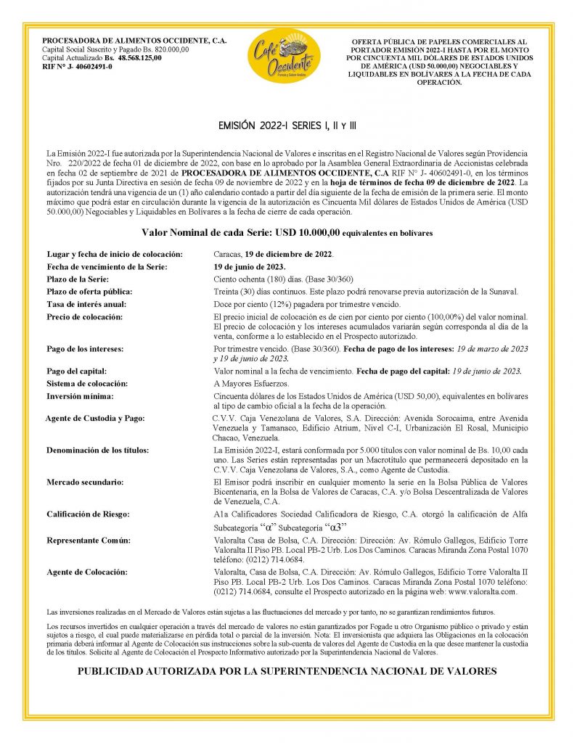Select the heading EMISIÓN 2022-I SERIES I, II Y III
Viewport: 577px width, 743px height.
pyautogui.click(x=287, y=126)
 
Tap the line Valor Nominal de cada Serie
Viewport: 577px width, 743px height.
pyautogui.click(x=287, y=233)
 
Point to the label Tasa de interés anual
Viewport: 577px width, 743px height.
pyautogui.click(x=86, y=304)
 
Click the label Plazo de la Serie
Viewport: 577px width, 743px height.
pyautogui.click(x=78, y=279)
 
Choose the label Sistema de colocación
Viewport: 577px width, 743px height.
pyautogui.click(x=86, y=383)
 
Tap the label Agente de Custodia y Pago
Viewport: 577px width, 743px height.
pyautogui.click(x=95, y=419)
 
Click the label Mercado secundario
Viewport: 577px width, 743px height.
pyautogui.click(x=85, y=482)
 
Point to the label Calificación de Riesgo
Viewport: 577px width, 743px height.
pyautogui.click(x=88, y=514)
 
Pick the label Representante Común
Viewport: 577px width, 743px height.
pyautogui.click(x=89, y=541)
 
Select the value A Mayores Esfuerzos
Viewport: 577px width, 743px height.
pyautogui.click(x=251, y=383)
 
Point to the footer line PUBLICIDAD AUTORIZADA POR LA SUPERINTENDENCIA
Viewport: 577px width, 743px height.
pyautogui.click(x=287, y=671)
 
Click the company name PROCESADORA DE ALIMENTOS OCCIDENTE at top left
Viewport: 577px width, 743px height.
pyautogui.click(x=134, y=41)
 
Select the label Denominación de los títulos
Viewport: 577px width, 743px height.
pyautogui.click(x=97, y=451)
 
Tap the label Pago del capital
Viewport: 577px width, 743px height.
pyautogui.click(x=77, y=371)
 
